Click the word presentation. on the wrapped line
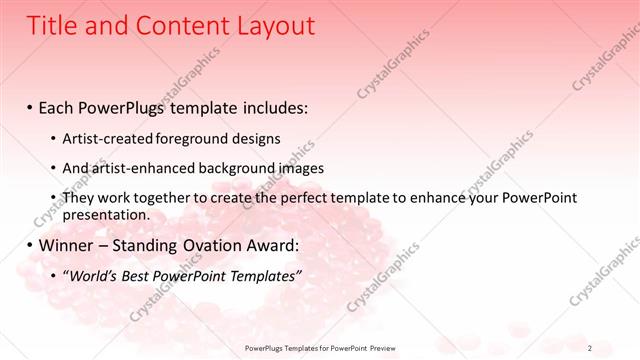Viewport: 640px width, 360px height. (x=106, y=214)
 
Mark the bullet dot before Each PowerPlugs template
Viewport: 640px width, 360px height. (x=30, y=106)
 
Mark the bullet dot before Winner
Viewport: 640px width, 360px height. (x=30, y=245)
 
